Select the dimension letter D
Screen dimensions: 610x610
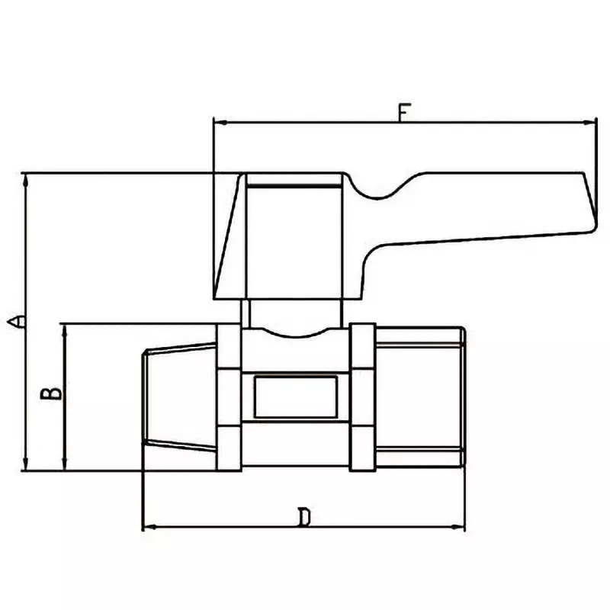(x=304, y=518)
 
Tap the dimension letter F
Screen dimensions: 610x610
(x=403, y=112)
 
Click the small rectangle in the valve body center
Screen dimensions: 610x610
(x=295, y=396)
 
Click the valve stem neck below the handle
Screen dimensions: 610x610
(x=294, y=313)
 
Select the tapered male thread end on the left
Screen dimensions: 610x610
(x=180, y=396)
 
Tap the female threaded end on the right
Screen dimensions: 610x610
(x=420, y=396)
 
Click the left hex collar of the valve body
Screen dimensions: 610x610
(x=230, y=396)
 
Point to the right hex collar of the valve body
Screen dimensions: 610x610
(x=363, y=396)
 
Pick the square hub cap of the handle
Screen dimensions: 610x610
(x=294, y=236)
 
